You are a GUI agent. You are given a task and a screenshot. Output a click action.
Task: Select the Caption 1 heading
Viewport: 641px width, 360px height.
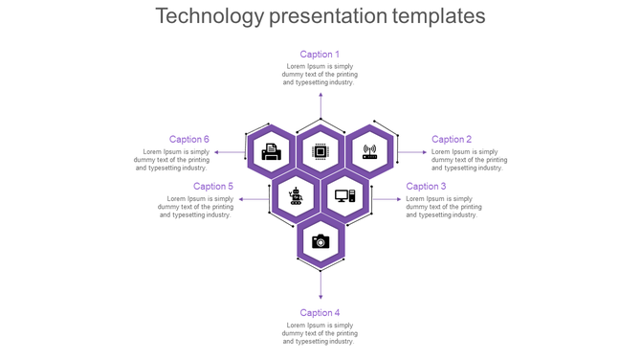(320, 55)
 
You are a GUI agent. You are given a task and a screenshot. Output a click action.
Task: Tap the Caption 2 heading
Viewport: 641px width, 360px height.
(452, 140)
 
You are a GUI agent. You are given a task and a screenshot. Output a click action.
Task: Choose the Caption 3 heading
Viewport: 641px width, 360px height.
(426, 187)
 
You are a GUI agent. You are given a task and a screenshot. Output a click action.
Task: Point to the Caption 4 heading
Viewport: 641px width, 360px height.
(320, 313)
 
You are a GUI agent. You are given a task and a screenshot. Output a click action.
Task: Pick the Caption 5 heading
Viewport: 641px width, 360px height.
(213, 187)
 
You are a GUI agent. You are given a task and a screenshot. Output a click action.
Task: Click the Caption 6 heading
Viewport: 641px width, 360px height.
(189, 140)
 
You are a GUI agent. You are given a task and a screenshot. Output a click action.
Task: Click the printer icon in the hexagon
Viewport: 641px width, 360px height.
(272, 151)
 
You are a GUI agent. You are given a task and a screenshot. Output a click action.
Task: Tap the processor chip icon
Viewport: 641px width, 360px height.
(320, 151)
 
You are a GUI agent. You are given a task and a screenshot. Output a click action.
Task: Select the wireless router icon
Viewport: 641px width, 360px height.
(369, 151)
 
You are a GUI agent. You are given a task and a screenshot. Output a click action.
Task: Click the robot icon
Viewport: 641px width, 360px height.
(296, 196)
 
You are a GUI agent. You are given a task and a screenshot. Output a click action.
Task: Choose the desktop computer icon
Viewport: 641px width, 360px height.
(344, 196)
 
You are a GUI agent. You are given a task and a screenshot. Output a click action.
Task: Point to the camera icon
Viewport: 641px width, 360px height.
(320, 241)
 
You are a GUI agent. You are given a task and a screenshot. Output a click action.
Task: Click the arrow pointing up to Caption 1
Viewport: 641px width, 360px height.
(320, 105)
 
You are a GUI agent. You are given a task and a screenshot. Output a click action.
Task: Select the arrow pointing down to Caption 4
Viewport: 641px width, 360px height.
(320, 284)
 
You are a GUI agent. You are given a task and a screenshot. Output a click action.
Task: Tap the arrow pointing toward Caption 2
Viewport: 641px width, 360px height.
(412, 151)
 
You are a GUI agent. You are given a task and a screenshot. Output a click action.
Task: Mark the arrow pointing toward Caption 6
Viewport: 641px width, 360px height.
(229, 151)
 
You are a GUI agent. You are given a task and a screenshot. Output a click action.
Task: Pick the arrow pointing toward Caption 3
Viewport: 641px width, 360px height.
(387, 199)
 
